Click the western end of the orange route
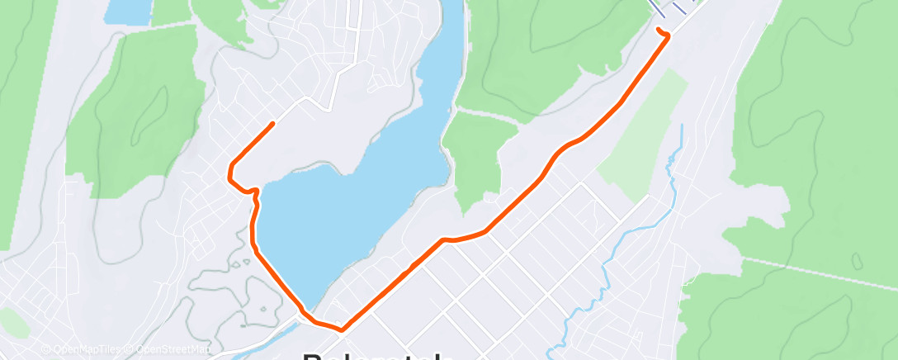coord(272,123)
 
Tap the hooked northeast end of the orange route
coord(659,31)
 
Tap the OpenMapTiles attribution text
coord(81,350)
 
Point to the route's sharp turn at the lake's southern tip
coord(339,329)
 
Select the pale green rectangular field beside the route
coord(644,136)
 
